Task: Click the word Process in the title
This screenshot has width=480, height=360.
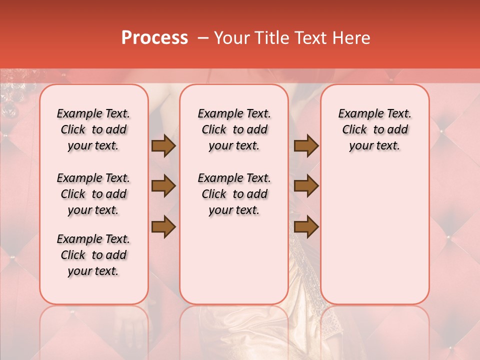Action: click(x=154, y=38)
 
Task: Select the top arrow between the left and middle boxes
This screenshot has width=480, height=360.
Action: click(x=163, y=145)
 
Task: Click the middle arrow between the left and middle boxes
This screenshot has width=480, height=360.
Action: click(x=163, y=186)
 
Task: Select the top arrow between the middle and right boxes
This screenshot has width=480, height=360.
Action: click(x=306, y=145)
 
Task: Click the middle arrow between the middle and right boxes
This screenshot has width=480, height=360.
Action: click(x=306, y=186)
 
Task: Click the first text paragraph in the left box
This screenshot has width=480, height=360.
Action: click(x=93, y=129)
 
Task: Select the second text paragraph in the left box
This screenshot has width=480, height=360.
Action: click(x=93, y=194)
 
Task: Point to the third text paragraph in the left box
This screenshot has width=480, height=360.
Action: click(x=93, y=255)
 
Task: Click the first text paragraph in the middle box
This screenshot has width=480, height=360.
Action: click(x=234, y=129)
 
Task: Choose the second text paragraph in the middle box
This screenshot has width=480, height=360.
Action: click(x=234, y=194)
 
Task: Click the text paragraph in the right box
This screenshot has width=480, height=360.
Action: click(x=375, y=129)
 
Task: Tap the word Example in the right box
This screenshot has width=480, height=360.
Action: click(x=358, y=114)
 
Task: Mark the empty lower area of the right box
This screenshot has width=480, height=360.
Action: click(x=375, y=240)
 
